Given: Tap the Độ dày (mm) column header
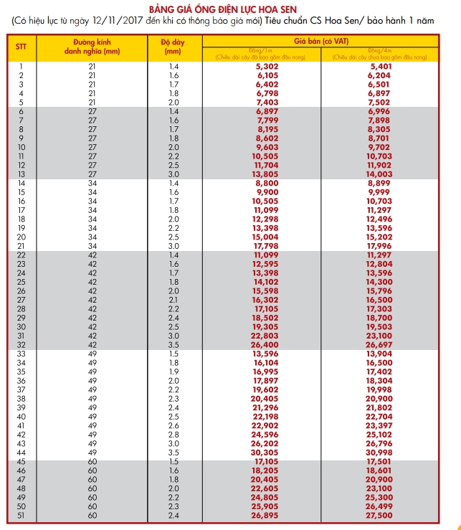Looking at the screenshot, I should [173, 47].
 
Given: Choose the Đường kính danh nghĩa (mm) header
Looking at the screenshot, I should [92, 47].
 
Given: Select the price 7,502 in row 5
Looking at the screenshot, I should [379, 103].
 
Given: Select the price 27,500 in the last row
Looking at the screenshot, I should [379, 516].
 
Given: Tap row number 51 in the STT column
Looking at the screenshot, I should [22, 516].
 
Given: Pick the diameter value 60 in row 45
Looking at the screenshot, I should [92, 462].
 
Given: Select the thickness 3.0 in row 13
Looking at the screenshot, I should [174, 174].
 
